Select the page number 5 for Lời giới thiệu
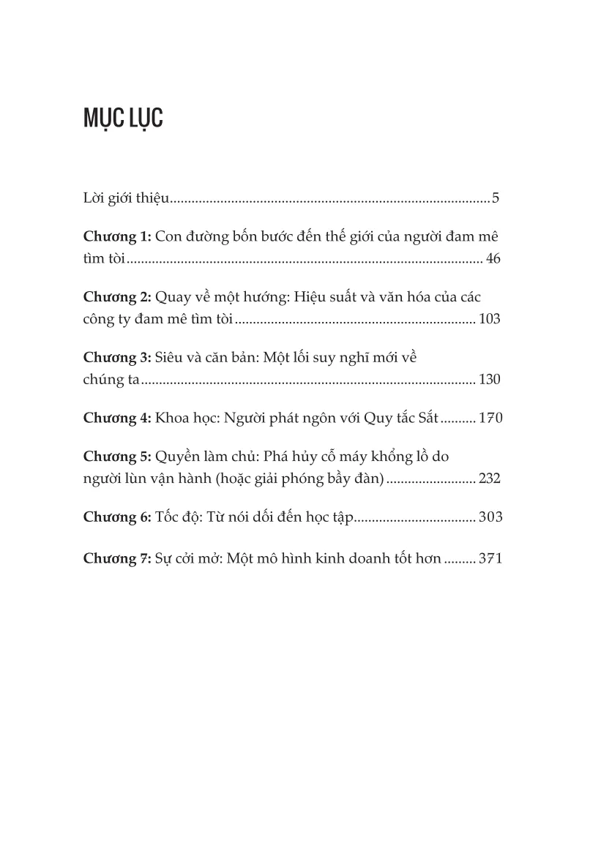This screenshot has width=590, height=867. pos(496,198)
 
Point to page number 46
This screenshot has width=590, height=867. pos(493,259)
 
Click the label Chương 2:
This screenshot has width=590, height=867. pos(117,299)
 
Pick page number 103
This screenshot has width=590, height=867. pos(489,320)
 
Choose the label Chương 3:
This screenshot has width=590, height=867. pos(117,358)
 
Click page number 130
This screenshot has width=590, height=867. pos(489,379)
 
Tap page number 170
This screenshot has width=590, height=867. pos(489,419)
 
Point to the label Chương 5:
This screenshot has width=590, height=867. pos(117,457)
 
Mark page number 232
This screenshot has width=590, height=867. pos(489,478)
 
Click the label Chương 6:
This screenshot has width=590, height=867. pos(117,517)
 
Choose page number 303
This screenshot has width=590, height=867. pos(489,518)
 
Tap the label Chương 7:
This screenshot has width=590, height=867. pos(117,558)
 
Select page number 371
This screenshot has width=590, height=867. pos(489,559)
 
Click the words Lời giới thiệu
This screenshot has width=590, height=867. pos(127,198)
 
